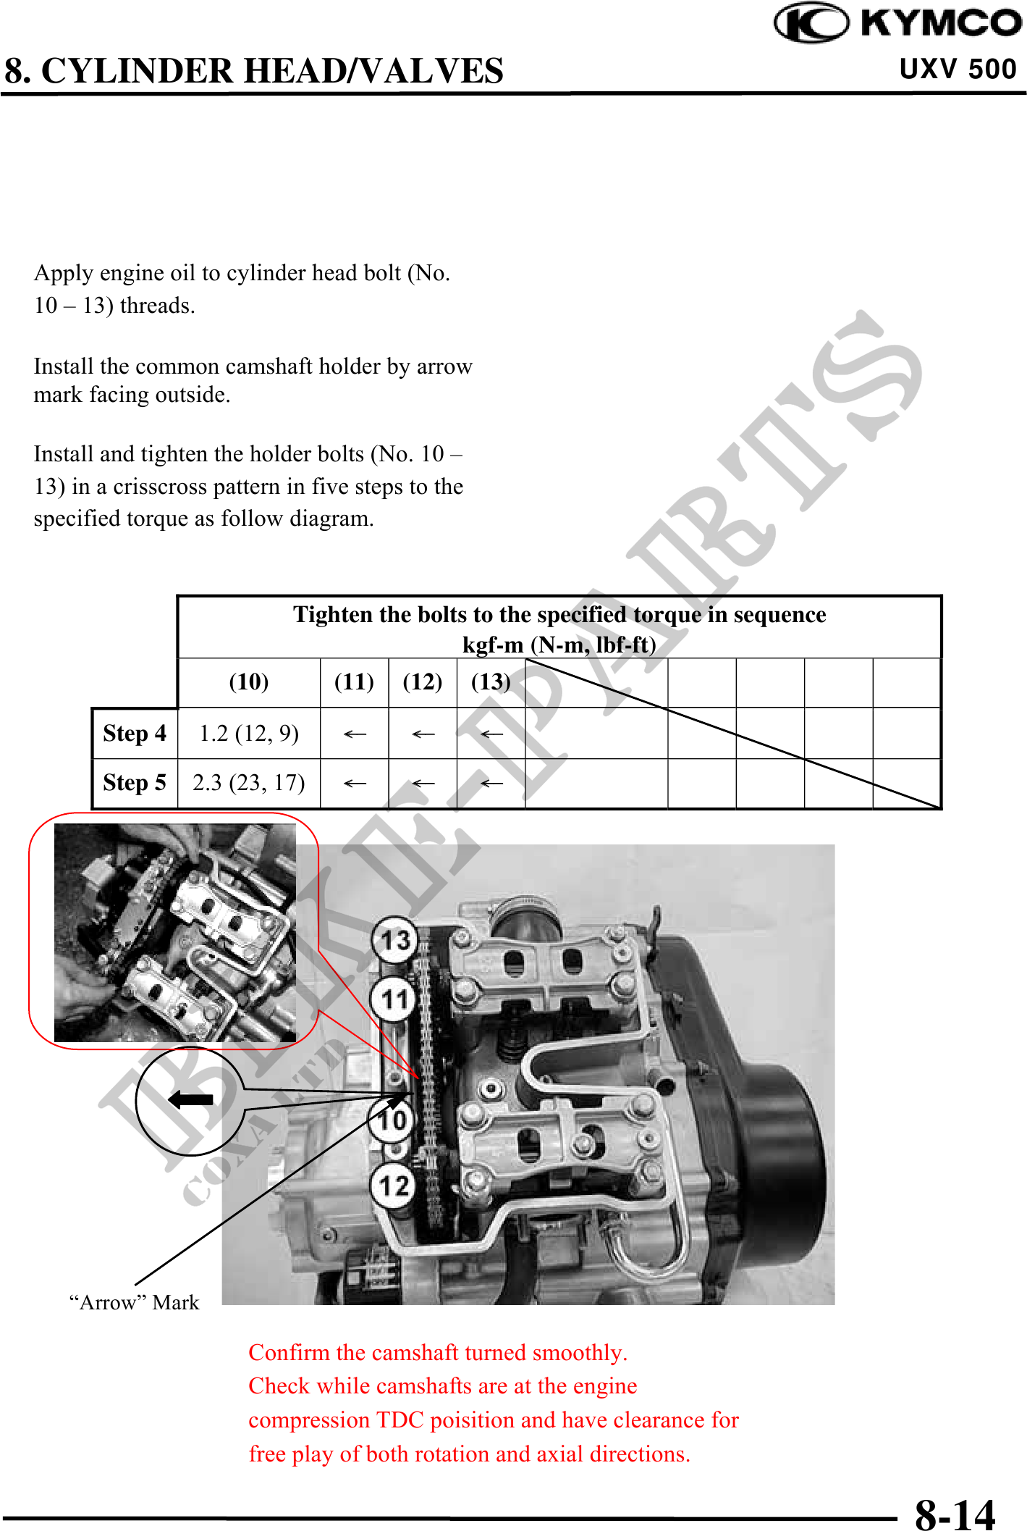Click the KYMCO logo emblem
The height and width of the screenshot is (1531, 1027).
point(811,22)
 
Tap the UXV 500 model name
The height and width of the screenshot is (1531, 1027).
point(958,70)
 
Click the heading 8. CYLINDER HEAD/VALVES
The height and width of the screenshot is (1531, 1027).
point(254,71)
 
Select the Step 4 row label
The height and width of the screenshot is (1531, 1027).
point(135,733)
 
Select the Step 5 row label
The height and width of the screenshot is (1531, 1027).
point(135,782)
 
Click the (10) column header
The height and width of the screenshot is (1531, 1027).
point(249,681)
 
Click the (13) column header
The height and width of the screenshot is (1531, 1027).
point(491,681)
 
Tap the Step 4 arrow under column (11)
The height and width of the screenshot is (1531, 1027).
point(355,734)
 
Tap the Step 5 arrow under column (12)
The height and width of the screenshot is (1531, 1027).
point(423,784)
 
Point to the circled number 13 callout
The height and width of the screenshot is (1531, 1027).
point(395,940)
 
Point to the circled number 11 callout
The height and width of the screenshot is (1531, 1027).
point(394,999)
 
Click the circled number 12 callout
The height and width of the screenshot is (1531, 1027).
point(394,1186)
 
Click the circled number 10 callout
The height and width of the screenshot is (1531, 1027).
point(392,1120)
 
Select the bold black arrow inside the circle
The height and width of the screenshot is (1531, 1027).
point(190,1099)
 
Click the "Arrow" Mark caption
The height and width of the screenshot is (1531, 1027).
point(134,1302)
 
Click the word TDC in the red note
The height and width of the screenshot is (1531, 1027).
point(400,1420)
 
